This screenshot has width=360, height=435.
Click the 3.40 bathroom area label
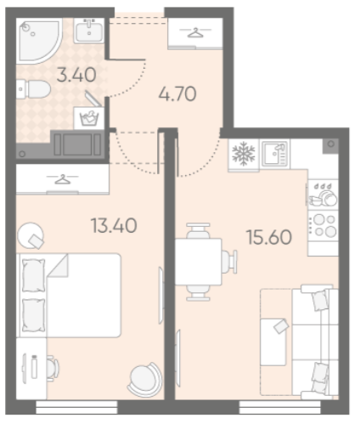click(x=76, y=75)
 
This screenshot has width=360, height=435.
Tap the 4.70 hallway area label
click(x=177, y=94)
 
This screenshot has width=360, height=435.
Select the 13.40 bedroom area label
click(x=114, y=226)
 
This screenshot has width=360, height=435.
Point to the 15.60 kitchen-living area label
click(x=269, y=237)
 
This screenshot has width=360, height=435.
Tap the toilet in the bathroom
click(x=33, y=89)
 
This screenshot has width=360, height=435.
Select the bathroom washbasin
click(x=89, y=31)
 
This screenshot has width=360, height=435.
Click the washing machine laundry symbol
click(x=89, y=118)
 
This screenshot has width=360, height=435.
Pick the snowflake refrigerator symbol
click(x=244, y=155)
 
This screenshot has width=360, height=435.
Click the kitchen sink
click(x=275, y=154)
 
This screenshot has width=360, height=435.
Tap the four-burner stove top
click(x=323, y=225)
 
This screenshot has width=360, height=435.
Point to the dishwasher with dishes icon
click(x=323, y=195)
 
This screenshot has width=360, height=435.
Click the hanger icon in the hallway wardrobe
click(x=195, y=32)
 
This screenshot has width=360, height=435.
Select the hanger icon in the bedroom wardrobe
click(x=62, y=179)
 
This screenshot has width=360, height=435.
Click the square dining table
click(x=198, y=262)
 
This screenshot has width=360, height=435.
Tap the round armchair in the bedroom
click(x=145, y=380)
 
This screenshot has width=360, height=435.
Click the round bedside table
click(x=31, y=235)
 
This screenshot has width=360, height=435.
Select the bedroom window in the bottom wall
click(x=76, y=408)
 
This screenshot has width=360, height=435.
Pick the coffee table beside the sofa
click(x=274, y=342)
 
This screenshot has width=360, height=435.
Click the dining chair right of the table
click(x=229, y=262)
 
